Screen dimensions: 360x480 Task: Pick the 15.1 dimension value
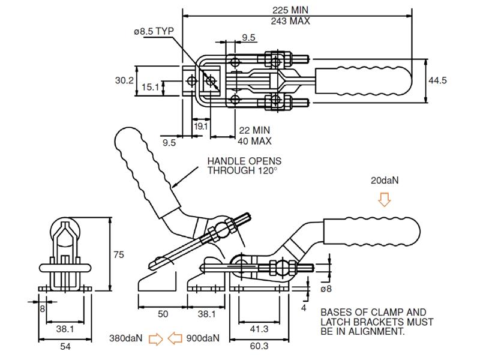151,87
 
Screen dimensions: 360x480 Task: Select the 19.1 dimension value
201,126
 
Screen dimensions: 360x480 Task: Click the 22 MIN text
254,130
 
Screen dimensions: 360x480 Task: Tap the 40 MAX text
255,141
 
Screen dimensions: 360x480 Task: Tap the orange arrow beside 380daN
155,339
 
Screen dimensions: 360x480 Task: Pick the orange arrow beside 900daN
175,339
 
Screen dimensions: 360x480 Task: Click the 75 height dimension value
119,254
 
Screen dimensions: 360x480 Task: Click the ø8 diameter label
326,289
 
